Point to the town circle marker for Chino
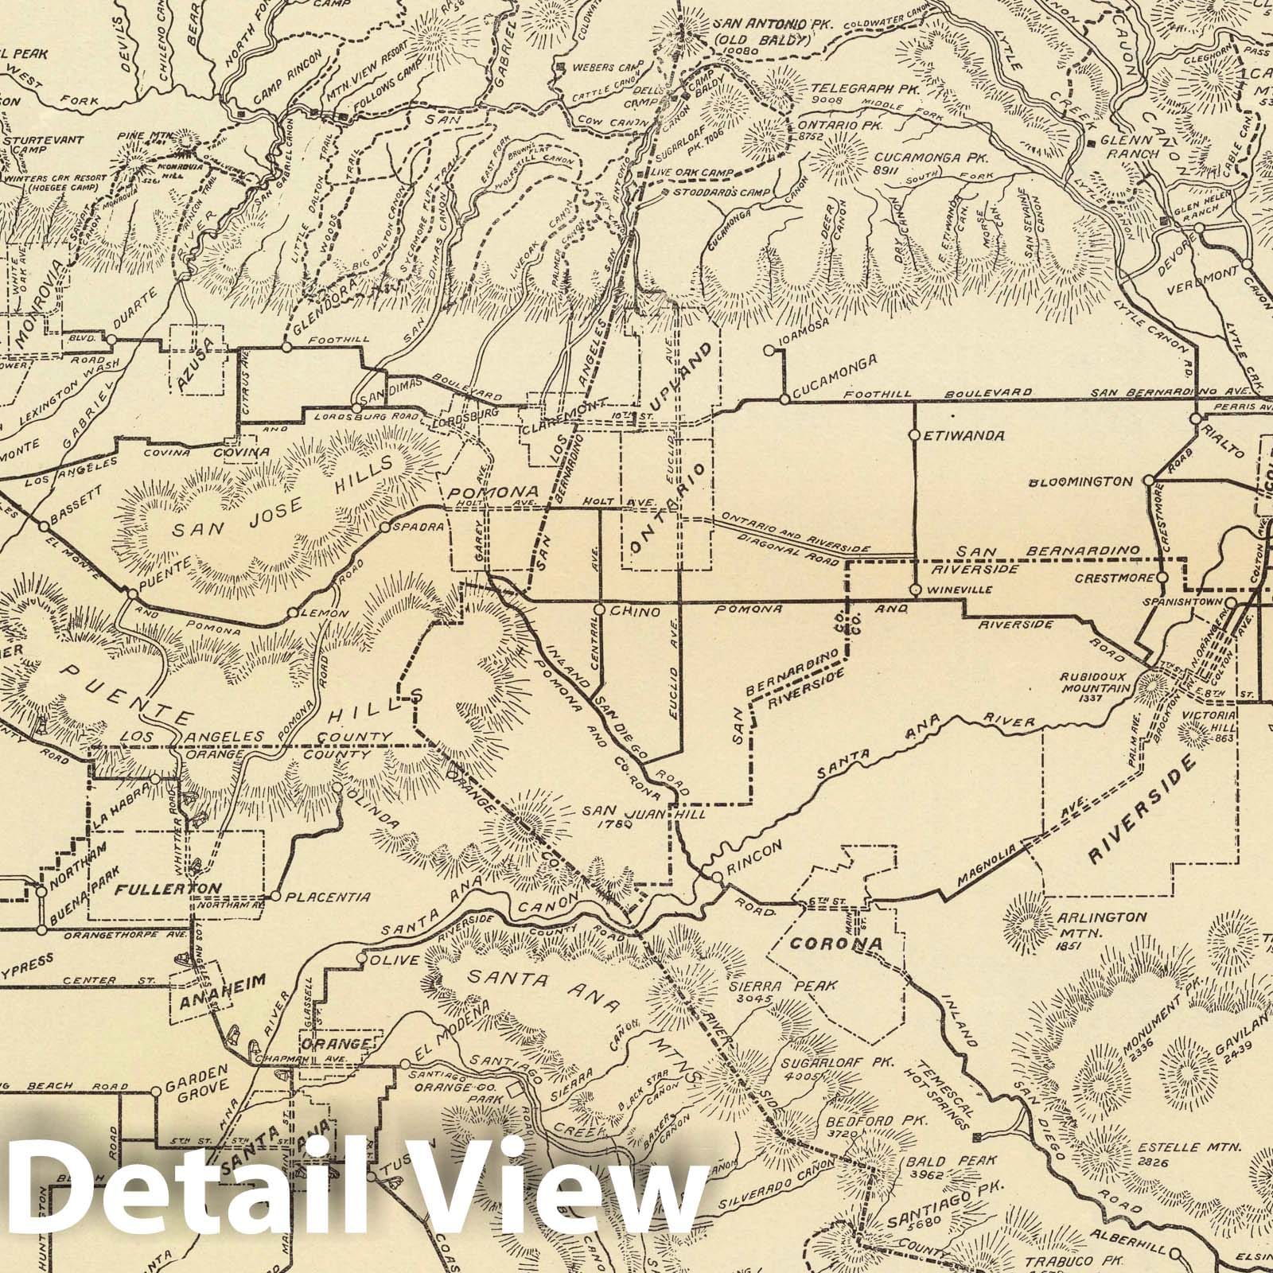(x=601, y=610)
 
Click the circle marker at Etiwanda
(x=915, y=435)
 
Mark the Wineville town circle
(x=915, y=590)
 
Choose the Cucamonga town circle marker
(x=784, y=399)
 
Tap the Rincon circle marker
(x=717, y=877)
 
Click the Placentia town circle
(x=275, y=896)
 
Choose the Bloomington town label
(x=1080, y=481)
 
